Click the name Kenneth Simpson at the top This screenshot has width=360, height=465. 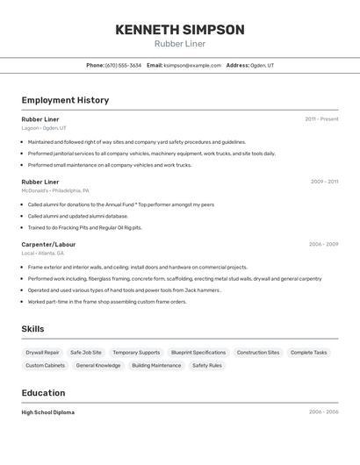(x=180, y=30)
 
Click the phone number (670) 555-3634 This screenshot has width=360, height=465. (x=123, y=65)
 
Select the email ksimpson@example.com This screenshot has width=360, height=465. (x=192, y=65)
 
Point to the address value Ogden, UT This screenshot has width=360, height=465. (x=262, y=65)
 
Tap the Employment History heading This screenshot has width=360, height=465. (x=65, y=100)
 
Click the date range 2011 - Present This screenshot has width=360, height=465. (x=321, y=118)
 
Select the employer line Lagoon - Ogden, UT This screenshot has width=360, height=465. (x=44, y=128)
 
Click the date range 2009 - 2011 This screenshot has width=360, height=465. (x=324, y=182)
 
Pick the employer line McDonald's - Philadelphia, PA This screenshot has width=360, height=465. (x=55, y=190)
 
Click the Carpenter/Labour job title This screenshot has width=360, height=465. (x=49, y=244)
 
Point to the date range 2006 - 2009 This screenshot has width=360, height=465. (x=323, y=244)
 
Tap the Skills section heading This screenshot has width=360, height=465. (x=33, y=329)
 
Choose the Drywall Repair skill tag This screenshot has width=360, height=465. (x=43, y=352)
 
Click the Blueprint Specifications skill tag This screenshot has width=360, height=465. (x=198, y=352)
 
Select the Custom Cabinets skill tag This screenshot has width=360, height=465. (x=46, y=365)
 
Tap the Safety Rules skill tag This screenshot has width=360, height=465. (x=207, y=365)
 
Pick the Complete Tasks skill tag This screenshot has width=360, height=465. (x=308, y=352)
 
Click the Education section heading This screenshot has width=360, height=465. (x=43, y=393)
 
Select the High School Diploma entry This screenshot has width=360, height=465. (x=48, y=411)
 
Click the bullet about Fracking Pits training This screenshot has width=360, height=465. (x=84, y=227)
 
